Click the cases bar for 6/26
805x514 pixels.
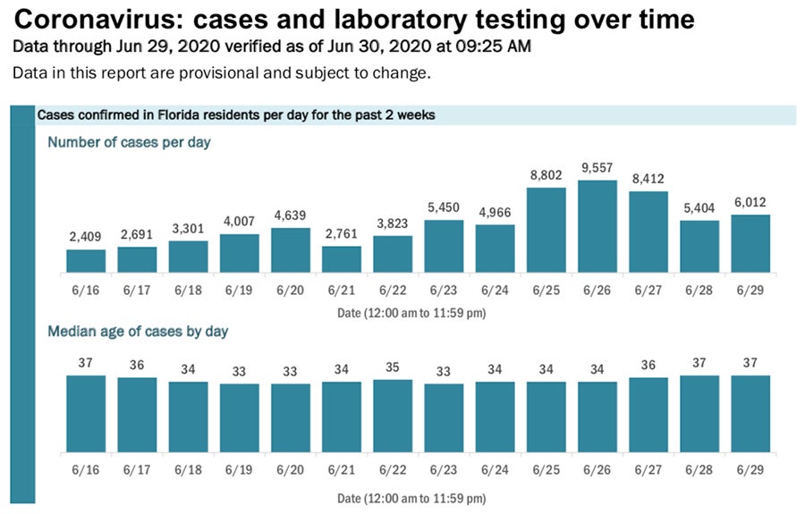click(x=597, y=227)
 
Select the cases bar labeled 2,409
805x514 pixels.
click(x=86, y=261)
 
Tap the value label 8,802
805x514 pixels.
click(x=546, y=177)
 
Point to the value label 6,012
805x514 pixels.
click(x=750, y=204)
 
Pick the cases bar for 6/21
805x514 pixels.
click(x=342, y=259)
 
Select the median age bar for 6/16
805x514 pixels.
click(x=86, y=413)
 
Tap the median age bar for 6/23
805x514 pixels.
click(x=444, y=417)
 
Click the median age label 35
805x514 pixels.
click(x=393, y=367)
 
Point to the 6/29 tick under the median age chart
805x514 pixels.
click(x=750, y=468)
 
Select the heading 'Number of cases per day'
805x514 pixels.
click(x=129, y=142)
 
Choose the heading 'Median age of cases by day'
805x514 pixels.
click(x=138, y=332)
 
